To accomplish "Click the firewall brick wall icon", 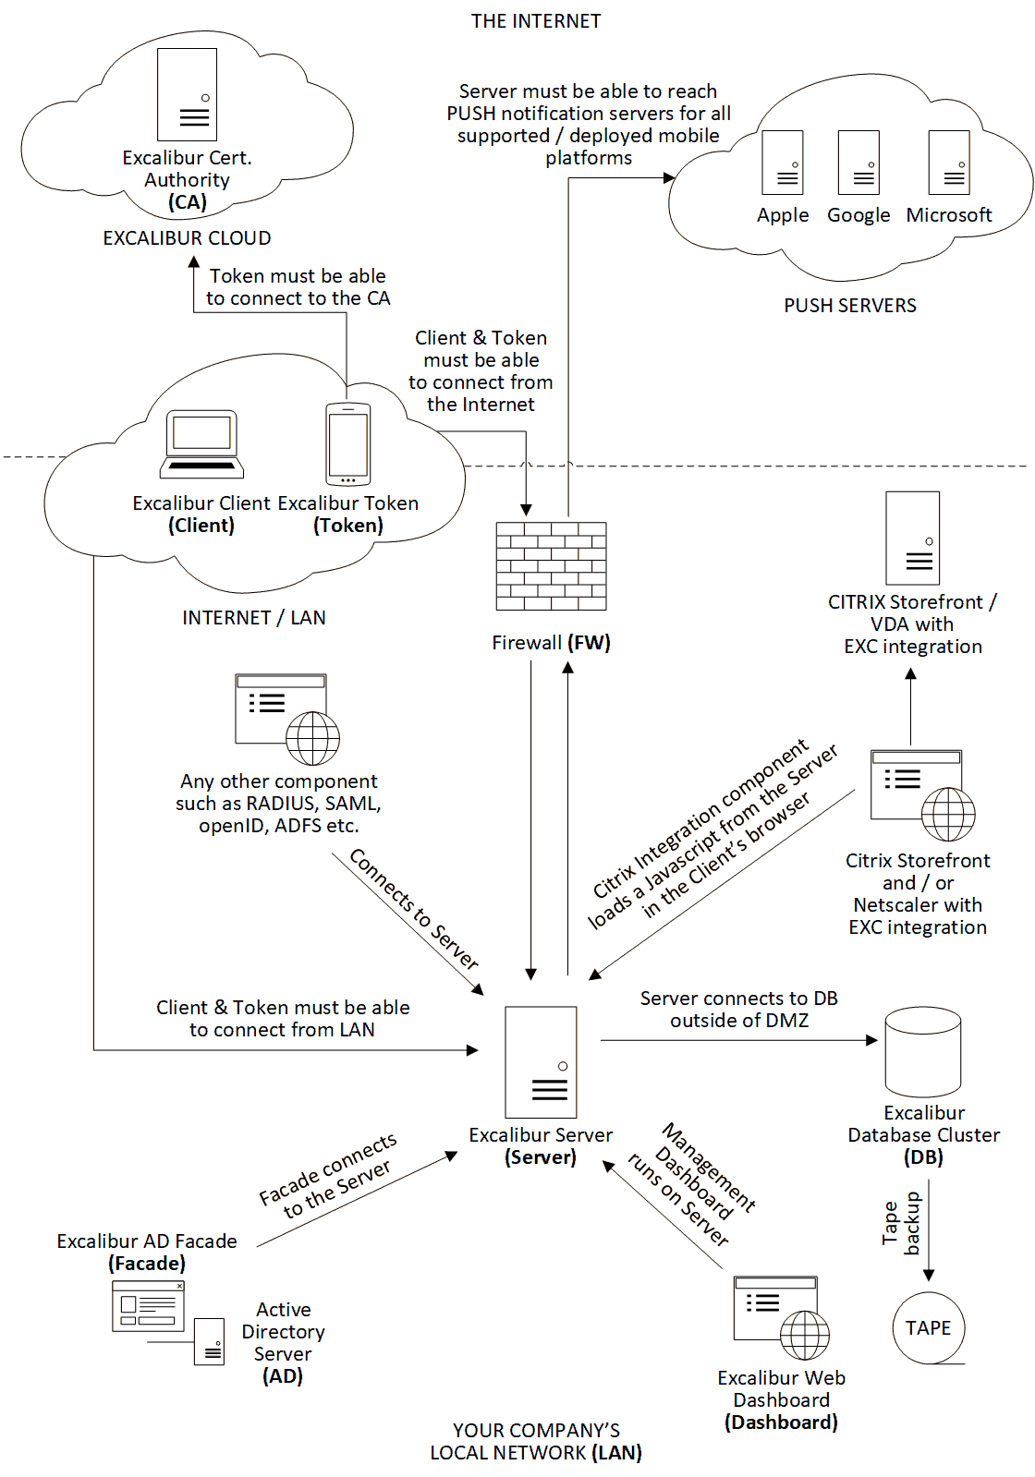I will tap(551, 566).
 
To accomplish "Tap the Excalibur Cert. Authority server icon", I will tap(188, 94).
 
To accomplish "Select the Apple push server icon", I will tap(783, 163).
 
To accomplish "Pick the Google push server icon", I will tap(858, 163).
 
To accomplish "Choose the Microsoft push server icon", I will tap(949, 163).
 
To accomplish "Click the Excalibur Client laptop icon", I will tap(201, 444).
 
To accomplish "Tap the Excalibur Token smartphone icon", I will tap(348, 444).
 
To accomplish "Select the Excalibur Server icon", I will tap(541, 1062).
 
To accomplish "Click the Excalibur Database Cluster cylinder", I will tap(923, 1052).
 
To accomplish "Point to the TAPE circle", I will tap(929, 1328).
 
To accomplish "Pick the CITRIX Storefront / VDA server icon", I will tap(913, 538).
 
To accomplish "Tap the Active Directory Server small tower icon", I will tap(209, 1341).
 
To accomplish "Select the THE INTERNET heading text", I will tap(536, 21).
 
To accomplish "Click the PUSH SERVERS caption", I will tap(850, 306).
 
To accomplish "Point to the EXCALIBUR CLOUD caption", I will tap(187, 238).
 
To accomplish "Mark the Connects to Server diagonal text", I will tap(414, 909).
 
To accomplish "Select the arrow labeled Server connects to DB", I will tap(739, 1040).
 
